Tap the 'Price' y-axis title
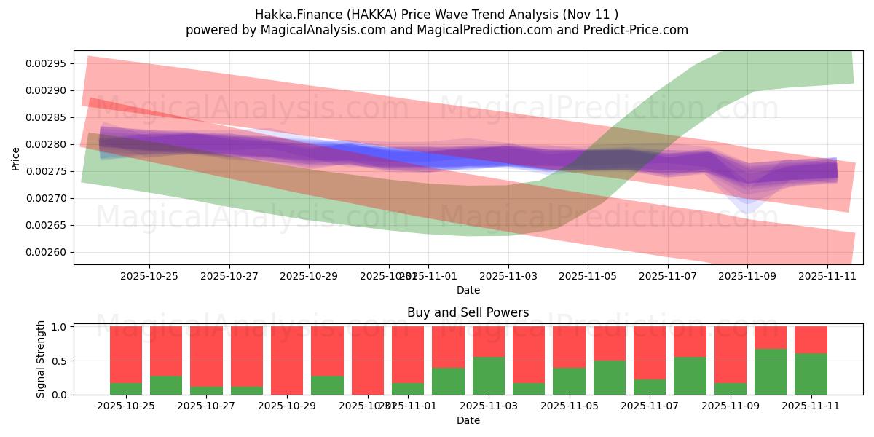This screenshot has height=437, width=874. tap(16, 157)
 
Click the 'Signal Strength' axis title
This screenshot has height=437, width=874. tap(41, 359)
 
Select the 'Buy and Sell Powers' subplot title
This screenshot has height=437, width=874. tap(468, 312)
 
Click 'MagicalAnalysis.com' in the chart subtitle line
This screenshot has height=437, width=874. tap(317, 30)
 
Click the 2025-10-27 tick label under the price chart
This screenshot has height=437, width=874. tap(229, 277)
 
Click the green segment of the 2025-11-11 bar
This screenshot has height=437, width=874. tap(811, 374)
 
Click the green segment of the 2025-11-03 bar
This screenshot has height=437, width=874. tap(489, 376)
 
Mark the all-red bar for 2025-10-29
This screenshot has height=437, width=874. tap(287, 361)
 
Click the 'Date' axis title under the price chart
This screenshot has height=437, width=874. tap(468, 290)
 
